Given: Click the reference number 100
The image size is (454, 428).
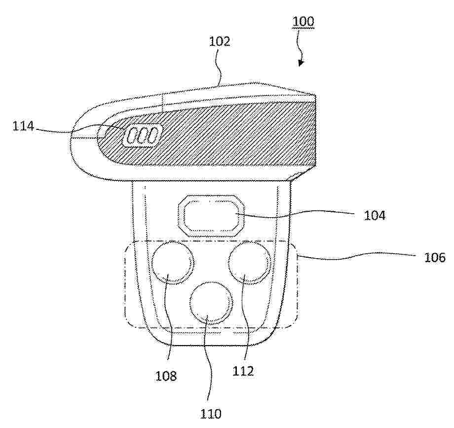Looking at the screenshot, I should click(x=303, y=22).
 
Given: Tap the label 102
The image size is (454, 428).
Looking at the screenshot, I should click(x=220, y=41).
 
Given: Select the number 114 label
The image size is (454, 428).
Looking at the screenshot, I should click(x=23, y=127).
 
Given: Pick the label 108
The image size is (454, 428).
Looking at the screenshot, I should click(x=166, y=376).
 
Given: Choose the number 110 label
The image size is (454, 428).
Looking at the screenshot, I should click(x=211, y=413).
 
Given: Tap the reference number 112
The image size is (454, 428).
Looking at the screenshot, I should click(x=243, y=371).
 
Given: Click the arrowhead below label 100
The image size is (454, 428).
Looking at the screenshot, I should click(x=301, y=63).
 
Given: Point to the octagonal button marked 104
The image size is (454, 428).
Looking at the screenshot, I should click(x=211, y=216).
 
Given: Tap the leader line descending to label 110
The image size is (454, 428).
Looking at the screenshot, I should click(x=208, y=360).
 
